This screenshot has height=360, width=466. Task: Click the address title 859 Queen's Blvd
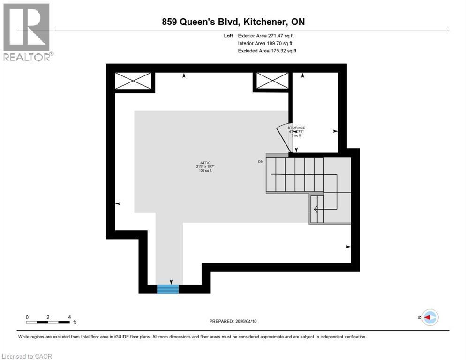tap(233, 22)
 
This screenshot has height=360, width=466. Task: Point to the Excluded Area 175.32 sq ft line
tap(267, 51)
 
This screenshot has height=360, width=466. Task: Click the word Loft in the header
tap(228, 36)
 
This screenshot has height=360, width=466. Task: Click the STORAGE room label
tap(296, 127)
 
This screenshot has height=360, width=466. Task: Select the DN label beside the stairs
tap(261, 162)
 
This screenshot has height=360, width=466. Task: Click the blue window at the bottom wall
tap(168, 289)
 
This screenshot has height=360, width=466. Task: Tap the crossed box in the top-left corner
tap(134, 81)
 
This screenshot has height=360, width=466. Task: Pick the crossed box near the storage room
tap(271, 81)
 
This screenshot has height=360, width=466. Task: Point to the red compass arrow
tap(428, 317)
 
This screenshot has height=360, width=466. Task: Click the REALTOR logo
tap(27, 32)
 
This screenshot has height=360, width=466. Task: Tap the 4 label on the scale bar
tap(69, 317)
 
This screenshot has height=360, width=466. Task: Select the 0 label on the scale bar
tap(27, 317)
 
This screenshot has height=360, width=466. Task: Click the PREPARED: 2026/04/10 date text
tap(233, 321)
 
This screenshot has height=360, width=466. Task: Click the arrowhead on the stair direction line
tap(316, 210)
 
